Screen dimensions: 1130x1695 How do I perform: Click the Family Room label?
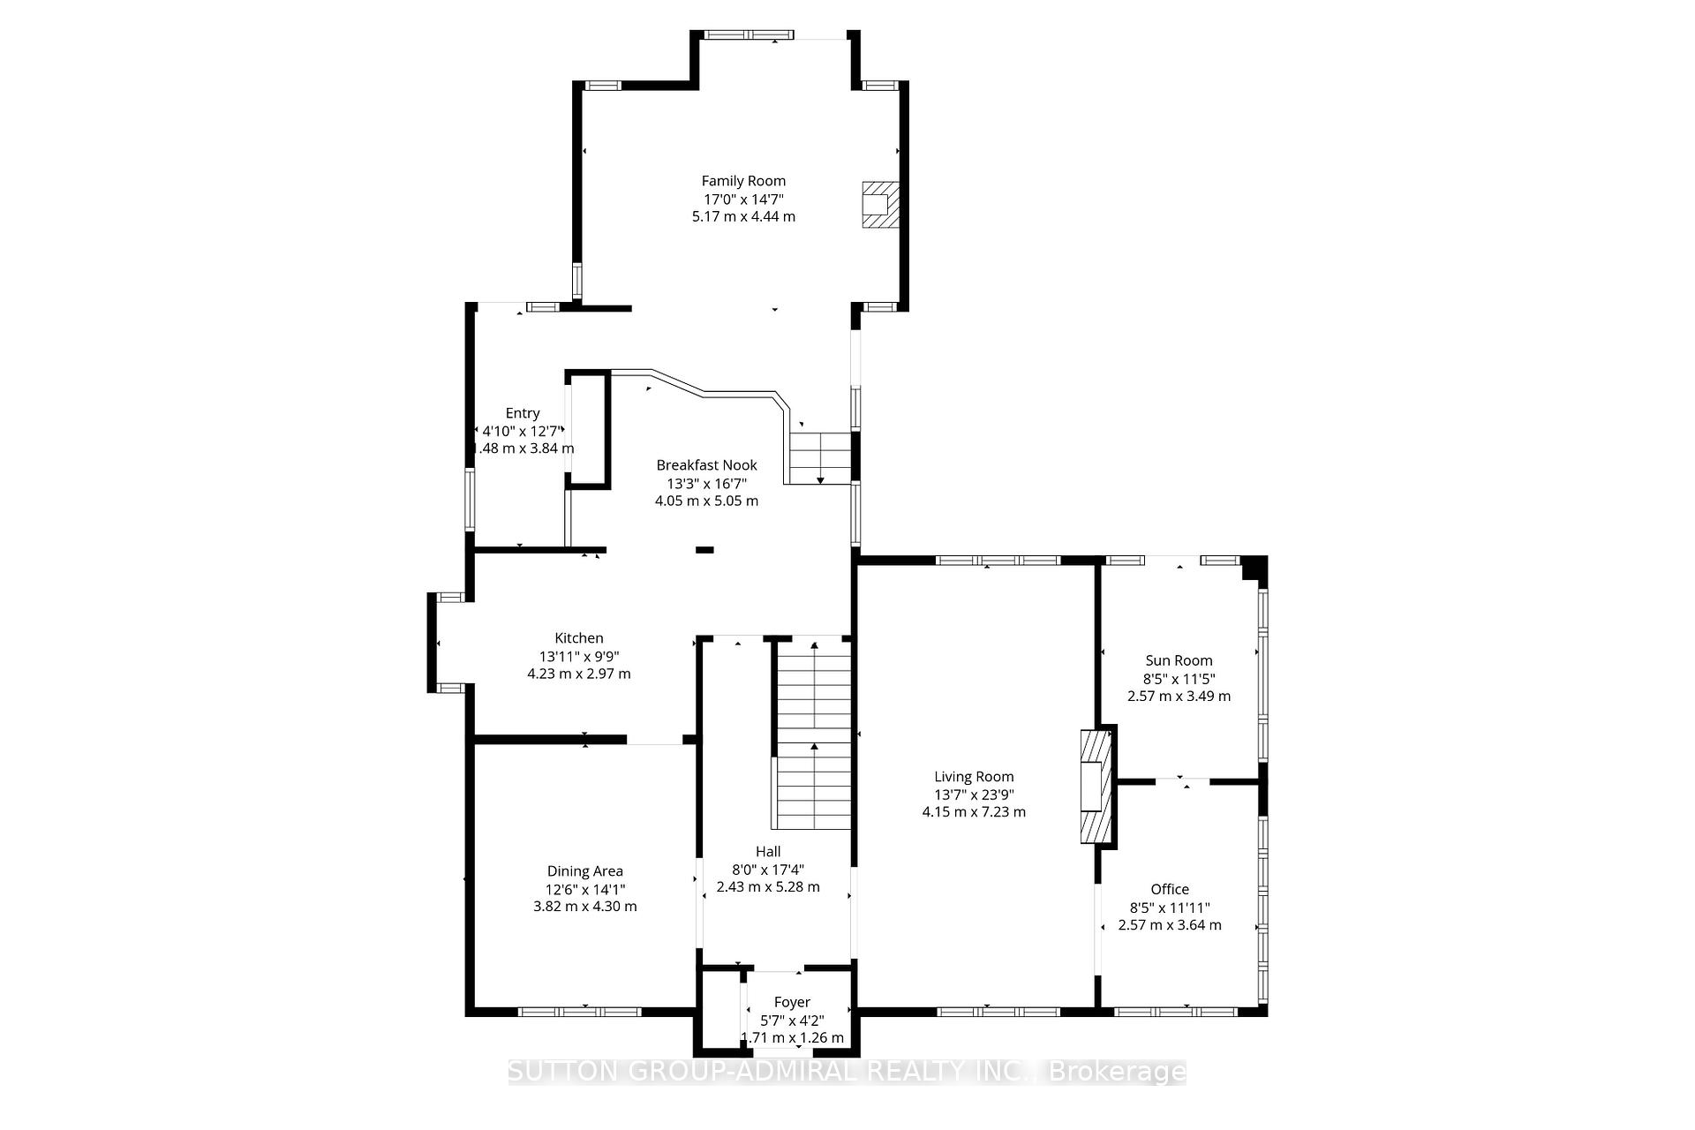(743, 181)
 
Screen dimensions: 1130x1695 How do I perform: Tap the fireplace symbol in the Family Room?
(879, 205)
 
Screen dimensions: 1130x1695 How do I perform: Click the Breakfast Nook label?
(706, 465)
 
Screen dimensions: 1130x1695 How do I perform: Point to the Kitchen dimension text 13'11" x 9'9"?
(579, 656)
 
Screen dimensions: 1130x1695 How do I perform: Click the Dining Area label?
(584, 871)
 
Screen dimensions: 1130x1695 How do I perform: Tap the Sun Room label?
(1179, 660)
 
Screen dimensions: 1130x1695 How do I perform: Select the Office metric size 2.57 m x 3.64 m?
(1170, 925)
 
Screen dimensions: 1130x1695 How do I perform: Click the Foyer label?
(792, 1002)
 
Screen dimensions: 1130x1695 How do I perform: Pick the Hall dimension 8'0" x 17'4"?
(768, 870)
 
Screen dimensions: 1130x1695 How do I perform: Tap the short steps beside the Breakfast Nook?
(819, 457)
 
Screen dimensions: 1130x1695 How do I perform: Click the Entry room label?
(523, 413)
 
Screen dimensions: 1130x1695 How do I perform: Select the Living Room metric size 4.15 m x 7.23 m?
(974, 812)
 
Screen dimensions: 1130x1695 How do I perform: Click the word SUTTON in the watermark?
(565, 1072)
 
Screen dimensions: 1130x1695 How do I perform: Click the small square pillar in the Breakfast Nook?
(704, 550)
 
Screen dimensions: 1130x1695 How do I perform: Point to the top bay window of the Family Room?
(749, 35)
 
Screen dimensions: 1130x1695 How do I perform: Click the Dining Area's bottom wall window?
(579, 1012)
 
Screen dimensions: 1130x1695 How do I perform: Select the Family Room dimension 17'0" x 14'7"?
(743, 199)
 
